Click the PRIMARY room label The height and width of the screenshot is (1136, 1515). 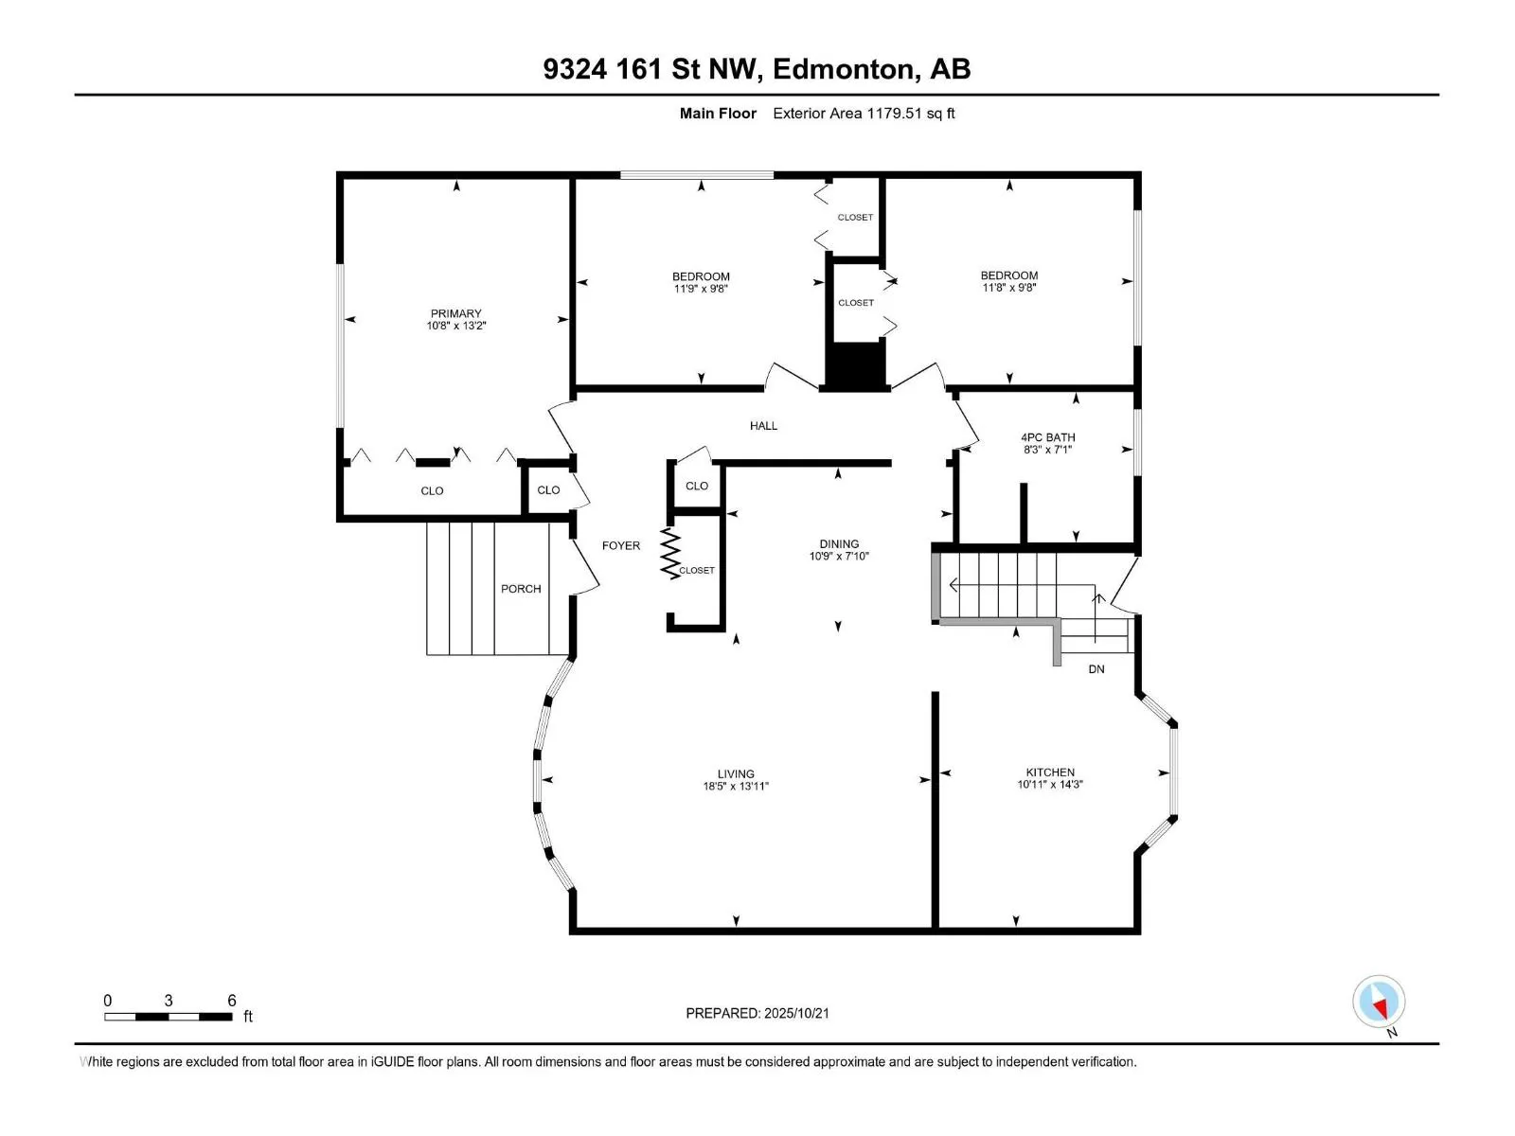click(455, 313)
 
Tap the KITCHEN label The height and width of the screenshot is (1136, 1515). click(1050, 772)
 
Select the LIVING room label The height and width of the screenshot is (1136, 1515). click(736, 773)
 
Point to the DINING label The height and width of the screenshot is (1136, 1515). click(839, 544)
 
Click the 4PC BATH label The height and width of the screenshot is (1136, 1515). click(1048, 437)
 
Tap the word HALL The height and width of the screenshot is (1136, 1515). click(763, 426)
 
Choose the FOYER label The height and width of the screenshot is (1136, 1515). click(621, 545)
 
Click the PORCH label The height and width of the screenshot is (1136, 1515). click(521, 589)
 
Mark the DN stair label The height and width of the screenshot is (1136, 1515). click(1096, 669)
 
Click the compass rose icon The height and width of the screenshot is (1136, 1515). click(1379, 1002)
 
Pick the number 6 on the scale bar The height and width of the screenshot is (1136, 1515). click(232, 1000)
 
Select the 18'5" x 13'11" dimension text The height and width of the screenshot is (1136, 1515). click(736, 787)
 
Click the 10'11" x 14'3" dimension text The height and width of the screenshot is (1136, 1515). click(1050, 784)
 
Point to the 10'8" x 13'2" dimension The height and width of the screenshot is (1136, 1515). click(455, 326)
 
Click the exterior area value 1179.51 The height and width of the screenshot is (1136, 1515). click(894, 113)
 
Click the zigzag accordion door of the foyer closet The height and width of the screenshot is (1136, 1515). click(670, 553)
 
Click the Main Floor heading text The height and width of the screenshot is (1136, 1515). click(718, 113)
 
